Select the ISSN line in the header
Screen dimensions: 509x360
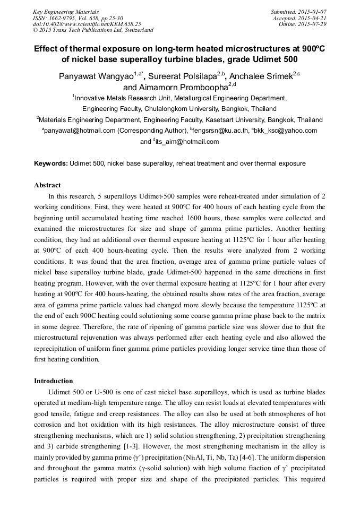(78, 18)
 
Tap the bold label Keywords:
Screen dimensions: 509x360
(51, 163)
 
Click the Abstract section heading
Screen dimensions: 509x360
(47, 185)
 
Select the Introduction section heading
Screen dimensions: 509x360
(53, 381)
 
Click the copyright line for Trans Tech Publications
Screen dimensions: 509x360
(93, 30)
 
